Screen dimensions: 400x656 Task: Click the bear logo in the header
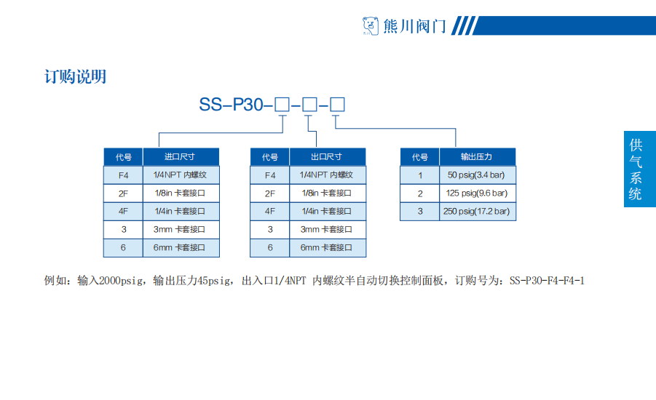(370, 27)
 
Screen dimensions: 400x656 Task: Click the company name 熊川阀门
(414, 27)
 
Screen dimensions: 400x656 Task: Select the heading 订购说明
(76, 76)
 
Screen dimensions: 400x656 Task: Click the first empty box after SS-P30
(282, 105)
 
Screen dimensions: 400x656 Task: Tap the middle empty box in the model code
(309, 105)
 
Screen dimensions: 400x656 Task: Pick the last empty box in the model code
(337, 105)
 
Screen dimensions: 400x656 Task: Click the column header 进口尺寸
(181, 157)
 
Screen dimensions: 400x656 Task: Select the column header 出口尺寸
(327, 157)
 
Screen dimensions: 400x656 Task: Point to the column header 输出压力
(477, 157)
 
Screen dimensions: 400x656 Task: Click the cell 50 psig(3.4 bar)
(477, 175)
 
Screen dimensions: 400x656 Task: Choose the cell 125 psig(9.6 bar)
(477, 193)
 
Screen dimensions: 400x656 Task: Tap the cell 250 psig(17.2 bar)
(477, 212)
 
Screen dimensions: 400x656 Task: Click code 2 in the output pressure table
(419, 193)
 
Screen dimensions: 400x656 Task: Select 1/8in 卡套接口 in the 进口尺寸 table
(181, 193)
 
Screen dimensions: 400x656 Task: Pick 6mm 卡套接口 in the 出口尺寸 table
(327, 248)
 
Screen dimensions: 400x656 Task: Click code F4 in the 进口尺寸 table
(123, 175)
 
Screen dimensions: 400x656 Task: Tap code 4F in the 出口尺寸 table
(269, 212)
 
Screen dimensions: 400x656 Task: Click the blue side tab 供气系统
(639, 169)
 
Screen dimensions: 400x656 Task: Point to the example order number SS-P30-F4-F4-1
(547, 280)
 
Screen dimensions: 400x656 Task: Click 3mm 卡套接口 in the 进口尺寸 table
(181, 230)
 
